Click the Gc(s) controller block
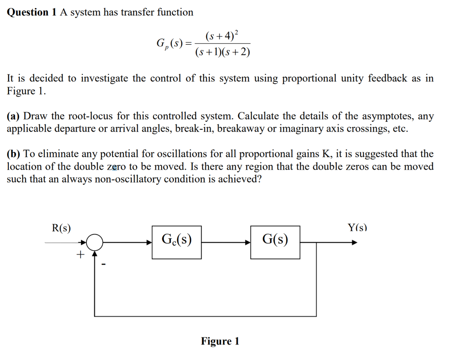(x=177, y=242)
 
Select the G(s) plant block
(x=275, y=242)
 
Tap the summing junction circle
(x=94, y=242)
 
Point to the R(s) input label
(x=61, y=228)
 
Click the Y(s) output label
(x=357, y=228)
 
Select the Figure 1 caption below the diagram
(x=220, y=341)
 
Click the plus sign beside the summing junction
(x=80, y=255)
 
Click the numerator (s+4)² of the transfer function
(x=222, y=35)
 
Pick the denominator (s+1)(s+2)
(x=223, y=52)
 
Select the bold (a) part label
(x=14, y=116)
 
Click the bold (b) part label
(x=14, y=154)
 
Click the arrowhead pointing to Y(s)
(x=354, y=242)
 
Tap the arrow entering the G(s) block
(x=247, y=242)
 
